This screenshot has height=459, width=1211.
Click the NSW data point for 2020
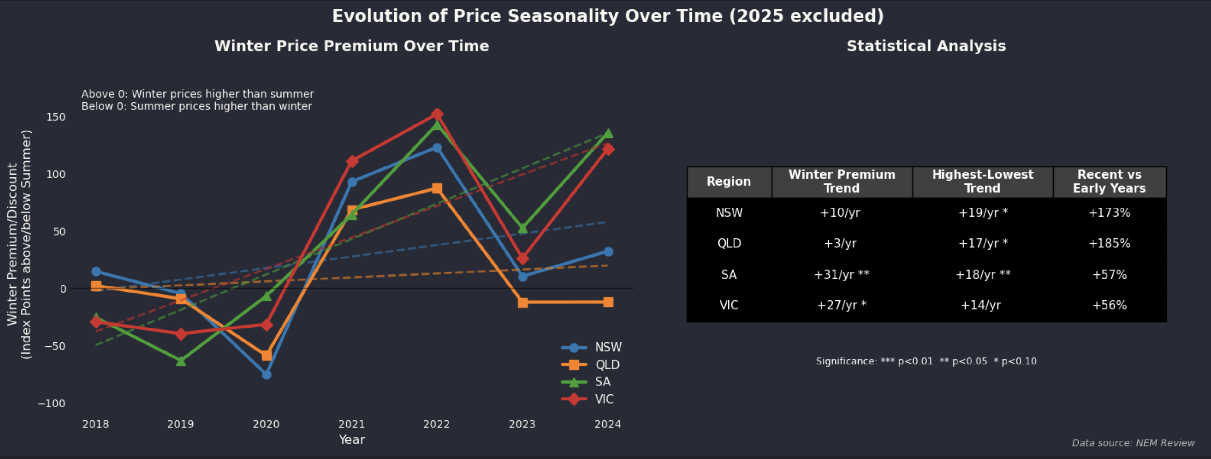pos(267,374)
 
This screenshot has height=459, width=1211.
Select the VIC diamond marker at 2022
pos(437,114)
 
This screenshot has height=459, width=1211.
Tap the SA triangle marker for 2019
pos(181,361)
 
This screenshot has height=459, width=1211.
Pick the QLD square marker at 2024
pos(608,302)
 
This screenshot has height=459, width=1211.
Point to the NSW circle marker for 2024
pos(608,252)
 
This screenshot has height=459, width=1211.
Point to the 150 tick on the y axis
pos(56,117)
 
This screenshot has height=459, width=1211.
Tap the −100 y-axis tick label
pos(52,404)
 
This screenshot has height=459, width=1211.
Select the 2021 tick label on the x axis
pos(351,424)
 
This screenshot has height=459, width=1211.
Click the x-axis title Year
pos(352,440)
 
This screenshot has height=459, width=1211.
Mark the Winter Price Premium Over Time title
pos(352,46)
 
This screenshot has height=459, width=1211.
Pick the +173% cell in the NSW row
pos(1109,213)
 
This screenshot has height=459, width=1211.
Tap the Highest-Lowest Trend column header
pos(983,181)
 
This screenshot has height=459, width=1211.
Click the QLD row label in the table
pos(729,244)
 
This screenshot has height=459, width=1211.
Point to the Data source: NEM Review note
pos(1133,443)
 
